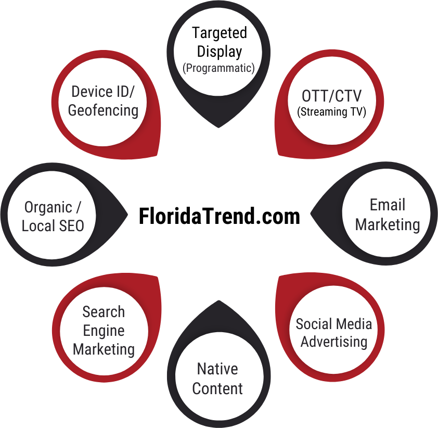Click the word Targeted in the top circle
point(219,33)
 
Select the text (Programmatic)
point(218,68)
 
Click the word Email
point(388,205)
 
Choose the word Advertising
point(334,342)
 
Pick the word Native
point(217,369)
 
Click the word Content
point(217,388)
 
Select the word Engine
point(104,331)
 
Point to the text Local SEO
point(53,226)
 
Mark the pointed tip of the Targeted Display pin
point(218,127)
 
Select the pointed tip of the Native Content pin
point(218,301)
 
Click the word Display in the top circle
point(219,52)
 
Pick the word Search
point(104,312)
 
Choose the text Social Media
point(334,324)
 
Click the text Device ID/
point(103,92)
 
